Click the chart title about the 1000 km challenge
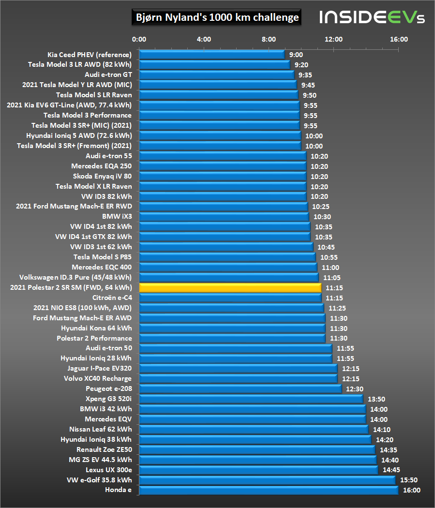click(216, 18)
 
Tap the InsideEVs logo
click(372, 18)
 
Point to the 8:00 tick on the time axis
click(269, 39)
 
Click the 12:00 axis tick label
click(334, 39)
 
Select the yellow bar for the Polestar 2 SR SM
click(230, 287)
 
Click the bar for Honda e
click(268, 490)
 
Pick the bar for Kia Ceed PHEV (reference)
click(211, 55)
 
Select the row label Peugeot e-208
click(108, 388)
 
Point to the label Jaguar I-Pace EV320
click(99, 368)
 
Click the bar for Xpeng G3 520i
click(251, 399)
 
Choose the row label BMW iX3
click(117, 216)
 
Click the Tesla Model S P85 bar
click(227, 257)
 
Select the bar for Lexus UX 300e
click(258, 470)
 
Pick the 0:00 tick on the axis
click(139, 39)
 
